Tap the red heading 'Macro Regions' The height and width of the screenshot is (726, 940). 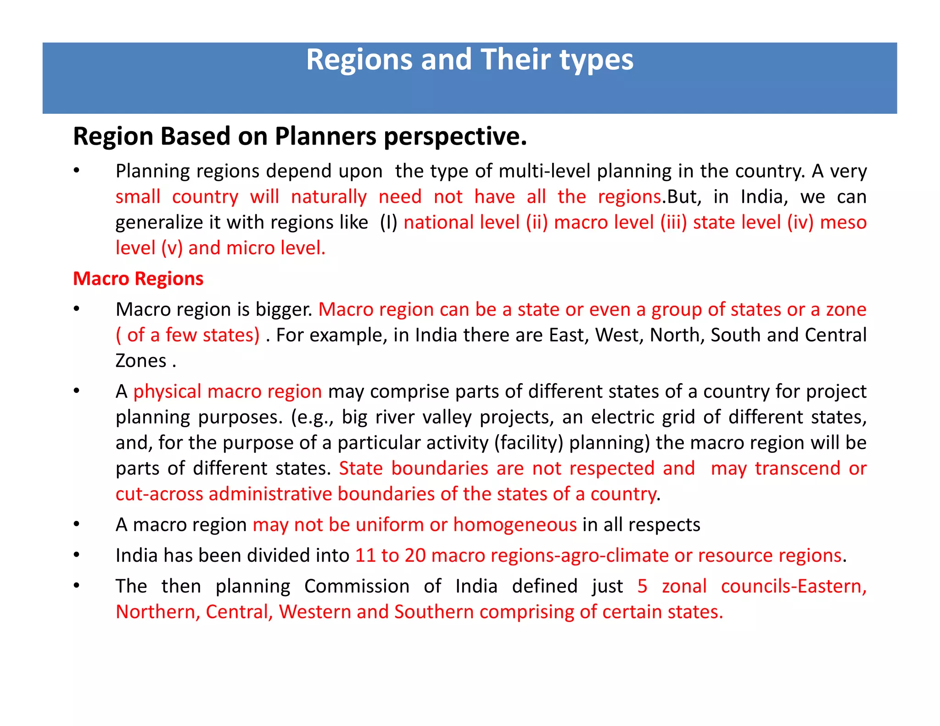[138, 279]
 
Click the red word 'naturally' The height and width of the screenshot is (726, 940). [329, 197]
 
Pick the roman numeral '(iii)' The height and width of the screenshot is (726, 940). [673, 223]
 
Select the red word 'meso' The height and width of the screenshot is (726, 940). [843, 223]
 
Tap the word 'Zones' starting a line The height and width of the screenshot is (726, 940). [141, 361]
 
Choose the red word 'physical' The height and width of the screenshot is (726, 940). [168, 391]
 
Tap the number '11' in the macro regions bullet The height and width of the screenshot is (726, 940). [365, 555]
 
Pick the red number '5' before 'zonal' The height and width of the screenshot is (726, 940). [642, 586]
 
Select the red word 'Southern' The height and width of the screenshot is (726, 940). [434, 612]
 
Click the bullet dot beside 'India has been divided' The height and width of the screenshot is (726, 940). [77, 555]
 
